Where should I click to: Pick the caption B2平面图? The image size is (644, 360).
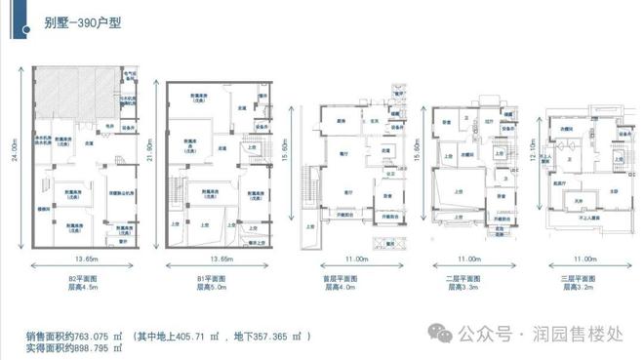point(77,279)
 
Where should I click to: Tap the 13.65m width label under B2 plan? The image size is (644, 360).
point(77,260)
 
